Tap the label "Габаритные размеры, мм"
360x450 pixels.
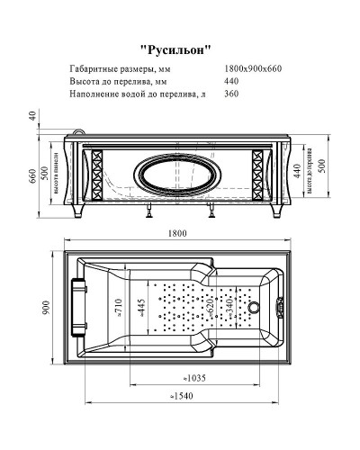tap(119, 69)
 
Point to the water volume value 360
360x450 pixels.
tap(231, 94)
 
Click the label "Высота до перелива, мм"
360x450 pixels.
tap(112, 82)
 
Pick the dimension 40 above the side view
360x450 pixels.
tap(31, 115)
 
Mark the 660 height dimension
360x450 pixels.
tap(32, 176)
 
